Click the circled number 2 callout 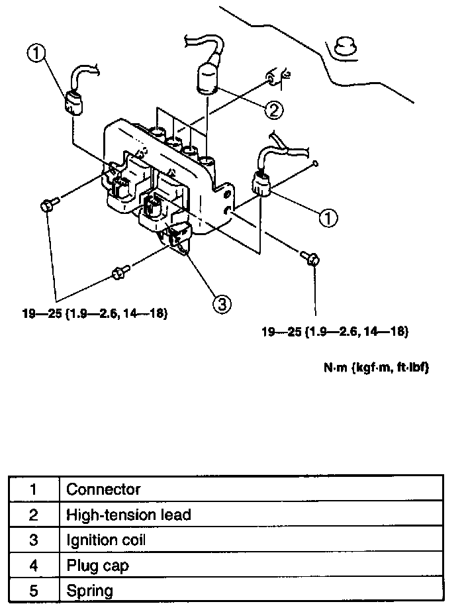pyautogui.click(x=272, y=109)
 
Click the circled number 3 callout pyautogui.click(x=222, y=303)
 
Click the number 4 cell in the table pyautogui.click(x=34, y=565)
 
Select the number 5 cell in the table pyautogui.click(x=34, y=590)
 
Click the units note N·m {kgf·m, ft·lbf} pyautogui.click(x=376, y=368)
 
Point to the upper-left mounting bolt pyautogui.click(x=47, y=205)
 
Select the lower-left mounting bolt pyautogui.click(x=120, y=272)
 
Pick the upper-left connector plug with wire pyautogui.click(x=73, y=102)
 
